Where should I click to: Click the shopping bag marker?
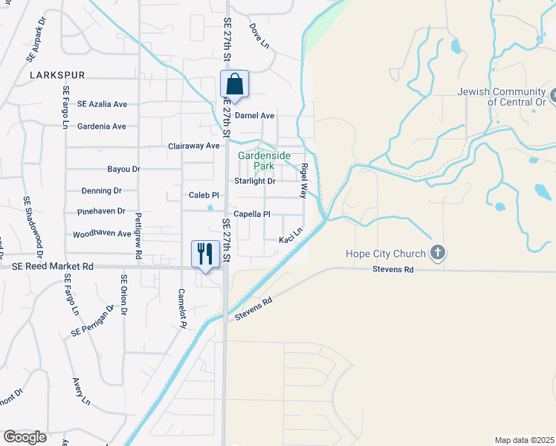[234, 85]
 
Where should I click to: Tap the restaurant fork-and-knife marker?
[203, 254]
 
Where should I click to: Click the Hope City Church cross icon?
[438, 253]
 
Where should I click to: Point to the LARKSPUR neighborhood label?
[58, 75]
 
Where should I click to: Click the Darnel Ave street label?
[255, 116]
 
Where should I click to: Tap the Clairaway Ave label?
[195, 146]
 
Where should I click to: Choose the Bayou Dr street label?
[123, 169]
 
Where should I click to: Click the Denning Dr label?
[101, 191]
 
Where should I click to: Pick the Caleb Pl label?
[204, 195]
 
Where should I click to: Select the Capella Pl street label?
[251, 214]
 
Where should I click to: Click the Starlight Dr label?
[255, 181]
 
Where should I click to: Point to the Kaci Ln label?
[290, 238]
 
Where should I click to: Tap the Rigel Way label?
[303, 181]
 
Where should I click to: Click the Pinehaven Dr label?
[101, 212]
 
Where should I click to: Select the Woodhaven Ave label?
[102, 233]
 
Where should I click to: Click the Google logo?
[25, 437]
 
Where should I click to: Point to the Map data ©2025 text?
[524, 440]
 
